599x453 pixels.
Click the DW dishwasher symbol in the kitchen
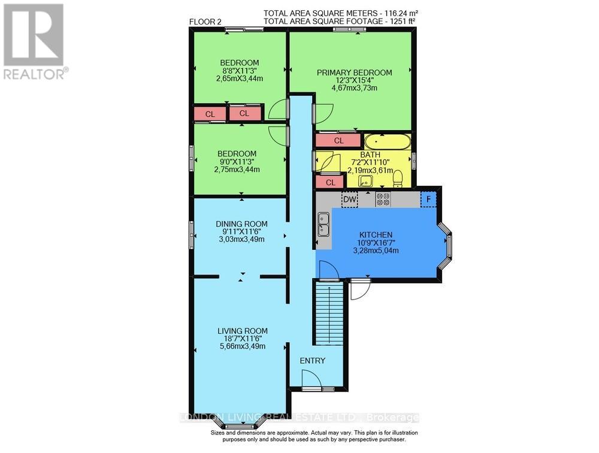point(349,199)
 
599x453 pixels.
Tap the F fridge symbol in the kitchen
point(428,199)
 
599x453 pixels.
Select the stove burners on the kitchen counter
point(383,199)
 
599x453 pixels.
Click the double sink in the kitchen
point(323,225)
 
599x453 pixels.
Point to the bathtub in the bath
point(388,142)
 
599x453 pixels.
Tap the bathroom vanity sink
point(365,180)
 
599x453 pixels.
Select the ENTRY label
point(312,361)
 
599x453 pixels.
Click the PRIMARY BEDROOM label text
point(354,73)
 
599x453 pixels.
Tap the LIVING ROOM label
point(242,331)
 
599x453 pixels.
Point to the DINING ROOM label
point(241,224)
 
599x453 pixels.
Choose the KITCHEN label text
point(376,234)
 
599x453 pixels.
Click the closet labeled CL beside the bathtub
point(338,141)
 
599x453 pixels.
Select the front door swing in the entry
point(311,379)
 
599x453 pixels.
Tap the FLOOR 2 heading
point(205,22)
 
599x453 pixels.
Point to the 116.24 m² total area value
point(398,13)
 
